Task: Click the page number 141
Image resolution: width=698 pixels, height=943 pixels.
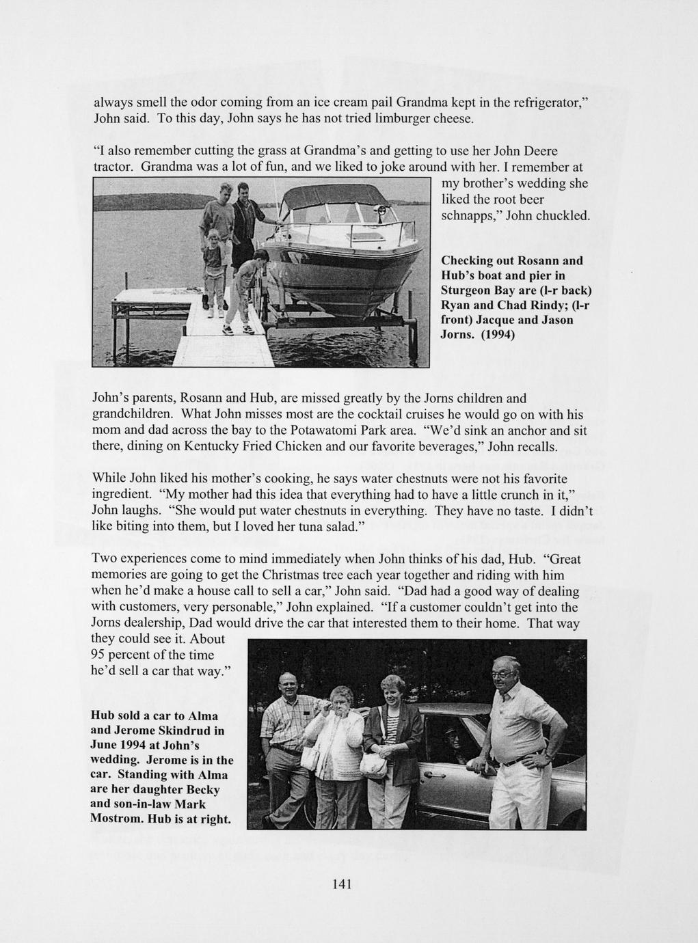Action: [341, 884]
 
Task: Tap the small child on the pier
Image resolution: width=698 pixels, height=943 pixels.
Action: [213, 271]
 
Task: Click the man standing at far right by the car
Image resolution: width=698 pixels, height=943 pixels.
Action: [520, 724]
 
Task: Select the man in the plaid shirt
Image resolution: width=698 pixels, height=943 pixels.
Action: [286, 731]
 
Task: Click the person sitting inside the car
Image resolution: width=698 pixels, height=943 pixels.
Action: [452, 741]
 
